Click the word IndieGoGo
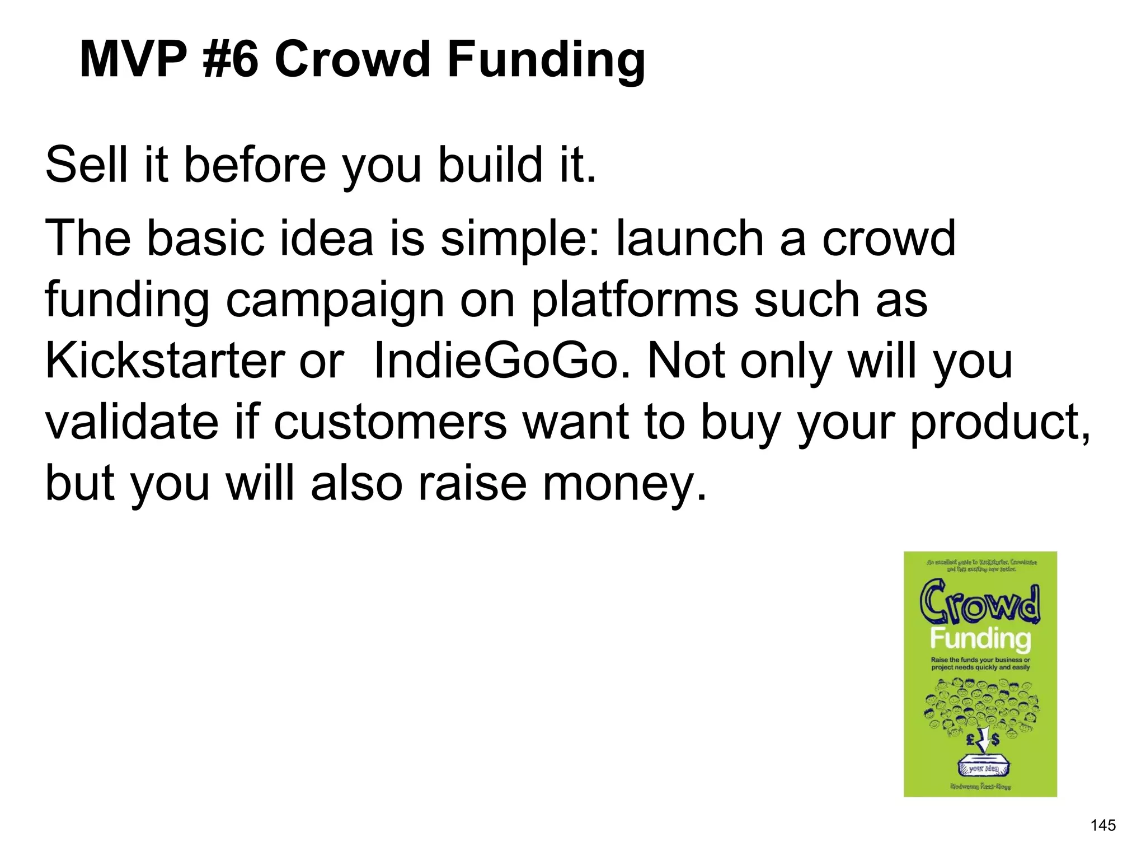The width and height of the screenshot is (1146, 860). [495, 361]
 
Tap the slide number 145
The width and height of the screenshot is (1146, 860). [1103, 825]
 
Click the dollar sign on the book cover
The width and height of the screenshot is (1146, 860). [995, 740]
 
